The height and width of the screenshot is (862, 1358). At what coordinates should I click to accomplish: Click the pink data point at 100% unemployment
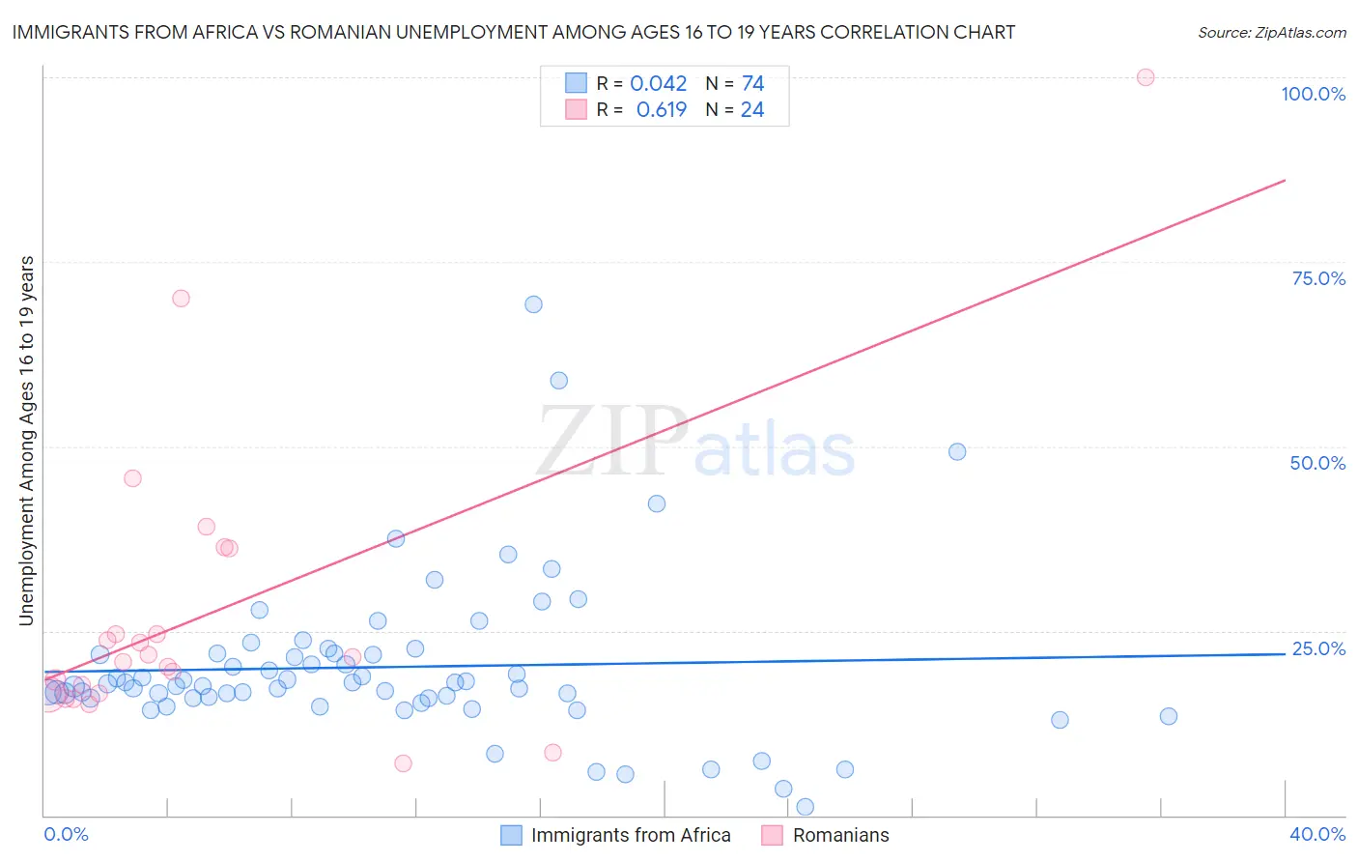click(1146, 77)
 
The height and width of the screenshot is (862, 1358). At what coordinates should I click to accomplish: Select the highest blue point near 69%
click(533, 304)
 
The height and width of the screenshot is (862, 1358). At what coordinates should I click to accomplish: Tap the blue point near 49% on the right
click(957, 451)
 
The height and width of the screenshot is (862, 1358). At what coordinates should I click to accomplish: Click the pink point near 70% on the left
click(181, 298)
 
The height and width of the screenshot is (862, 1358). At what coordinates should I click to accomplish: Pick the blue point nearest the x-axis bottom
click(805, 807)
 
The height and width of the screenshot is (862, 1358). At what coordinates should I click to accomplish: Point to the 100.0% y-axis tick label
click(1313, 94)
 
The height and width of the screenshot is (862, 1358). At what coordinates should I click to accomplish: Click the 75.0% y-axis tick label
click(1318, 278)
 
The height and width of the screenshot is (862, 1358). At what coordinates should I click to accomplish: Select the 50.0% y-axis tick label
click(1317, 463)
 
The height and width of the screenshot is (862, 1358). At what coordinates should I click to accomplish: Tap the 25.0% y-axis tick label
click(1318, 648)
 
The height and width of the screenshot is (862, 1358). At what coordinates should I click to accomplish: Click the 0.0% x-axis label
click(66, 834)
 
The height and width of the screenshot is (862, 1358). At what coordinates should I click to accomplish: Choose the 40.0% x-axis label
click(1317, 834)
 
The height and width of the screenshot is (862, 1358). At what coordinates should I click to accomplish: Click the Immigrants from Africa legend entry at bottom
click(631, 835)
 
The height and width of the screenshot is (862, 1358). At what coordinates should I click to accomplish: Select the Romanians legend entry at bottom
click(840, 835)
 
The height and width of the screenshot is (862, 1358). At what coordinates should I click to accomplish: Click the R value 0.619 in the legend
click(662, 110)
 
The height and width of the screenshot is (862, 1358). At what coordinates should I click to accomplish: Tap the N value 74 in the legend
click(752, 84)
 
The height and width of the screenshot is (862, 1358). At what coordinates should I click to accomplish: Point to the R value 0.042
click(659, 84)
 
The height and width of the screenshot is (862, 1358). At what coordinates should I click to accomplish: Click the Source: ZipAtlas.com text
click(1271, 33)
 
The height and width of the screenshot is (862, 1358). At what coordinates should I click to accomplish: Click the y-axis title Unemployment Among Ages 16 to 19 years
click(27, 441)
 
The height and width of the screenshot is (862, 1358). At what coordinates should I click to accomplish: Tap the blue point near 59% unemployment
click(558, 381)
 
